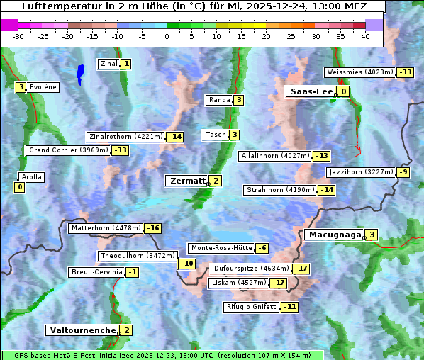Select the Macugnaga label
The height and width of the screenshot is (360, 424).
(x=334, y=235)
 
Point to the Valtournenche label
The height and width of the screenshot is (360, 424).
(x=82, y=330)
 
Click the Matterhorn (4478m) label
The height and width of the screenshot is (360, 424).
(x=106, y=228)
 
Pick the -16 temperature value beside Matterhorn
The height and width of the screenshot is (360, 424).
(x=152, y=228)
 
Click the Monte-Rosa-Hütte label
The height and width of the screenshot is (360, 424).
(x=221, y=248)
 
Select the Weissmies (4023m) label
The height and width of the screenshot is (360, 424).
(x=359, y=72)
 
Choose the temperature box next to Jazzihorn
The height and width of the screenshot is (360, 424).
(x=403, y=172)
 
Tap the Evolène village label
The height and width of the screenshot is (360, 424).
(x=43, y=87)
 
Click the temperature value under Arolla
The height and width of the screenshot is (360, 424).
(x=19, y=187)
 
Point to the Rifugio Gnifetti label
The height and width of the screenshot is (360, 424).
(x=252, y=307)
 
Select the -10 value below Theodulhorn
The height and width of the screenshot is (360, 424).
(x=186, y=264)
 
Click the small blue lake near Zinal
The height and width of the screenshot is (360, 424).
(x=80, y=72)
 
